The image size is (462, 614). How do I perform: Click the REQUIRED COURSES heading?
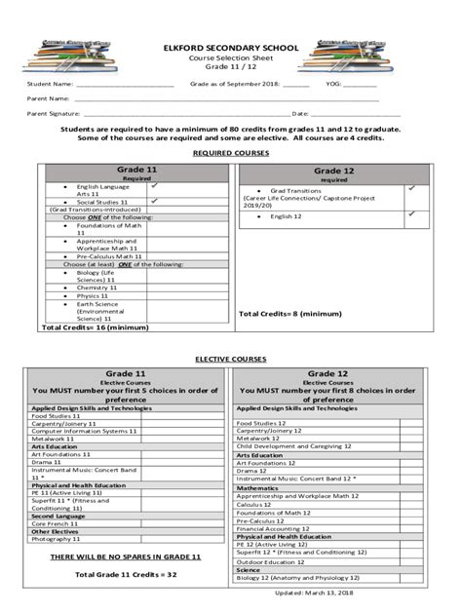(231, 153)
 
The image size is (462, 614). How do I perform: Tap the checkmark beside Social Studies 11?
(154, 200)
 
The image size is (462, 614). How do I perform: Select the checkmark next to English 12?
(411, 213)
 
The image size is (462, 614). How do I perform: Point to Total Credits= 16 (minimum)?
(89, 328)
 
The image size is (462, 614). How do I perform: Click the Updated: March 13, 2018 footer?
(320, 594)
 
